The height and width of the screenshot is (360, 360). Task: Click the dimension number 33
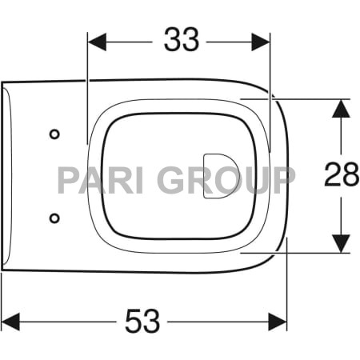[182, 40]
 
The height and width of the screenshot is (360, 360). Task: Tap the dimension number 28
[342, 175]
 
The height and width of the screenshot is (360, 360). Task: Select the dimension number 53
[142, 322]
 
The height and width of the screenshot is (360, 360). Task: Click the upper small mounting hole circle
[54, 134]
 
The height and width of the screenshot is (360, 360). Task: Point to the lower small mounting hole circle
[54, 217]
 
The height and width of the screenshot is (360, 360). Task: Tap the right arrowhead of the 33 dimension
[262, 41]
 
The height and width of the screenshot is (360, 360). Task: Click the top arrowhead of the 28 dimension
[342, 107]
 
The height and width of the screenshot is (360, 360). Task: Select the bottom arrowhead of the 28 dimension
[342, 243]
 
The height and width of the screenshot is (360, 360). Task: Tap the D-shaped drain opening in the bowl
[220, 175]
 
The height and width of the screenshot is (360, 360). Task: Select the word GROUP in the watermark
[226, 180]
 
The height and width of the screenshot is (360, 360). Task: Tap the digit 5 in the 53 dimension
[133, 322]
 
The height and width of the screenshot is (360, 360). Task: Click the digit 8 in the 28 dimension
[350, 175]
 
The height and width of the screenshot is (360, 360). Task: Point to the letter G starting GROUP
[170, 180]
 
